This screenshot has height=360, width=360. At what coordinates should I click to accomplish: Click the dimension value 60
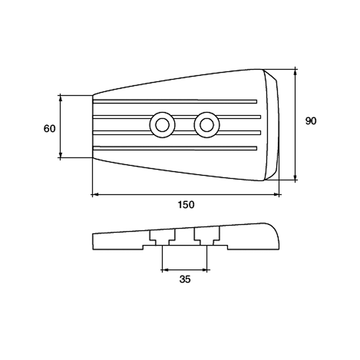click(49, 129)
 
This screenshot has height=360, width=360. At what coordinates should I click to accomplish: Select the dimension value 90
click(310, 121)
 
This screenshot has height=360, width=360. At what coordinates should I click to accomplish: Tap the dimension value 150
click(185, 205)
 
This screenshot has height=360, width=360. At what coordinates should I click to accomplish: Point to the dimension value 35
click(185, 279)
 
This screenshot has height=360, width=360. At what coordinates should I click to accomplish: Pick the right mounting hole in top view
click(207, 124)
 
